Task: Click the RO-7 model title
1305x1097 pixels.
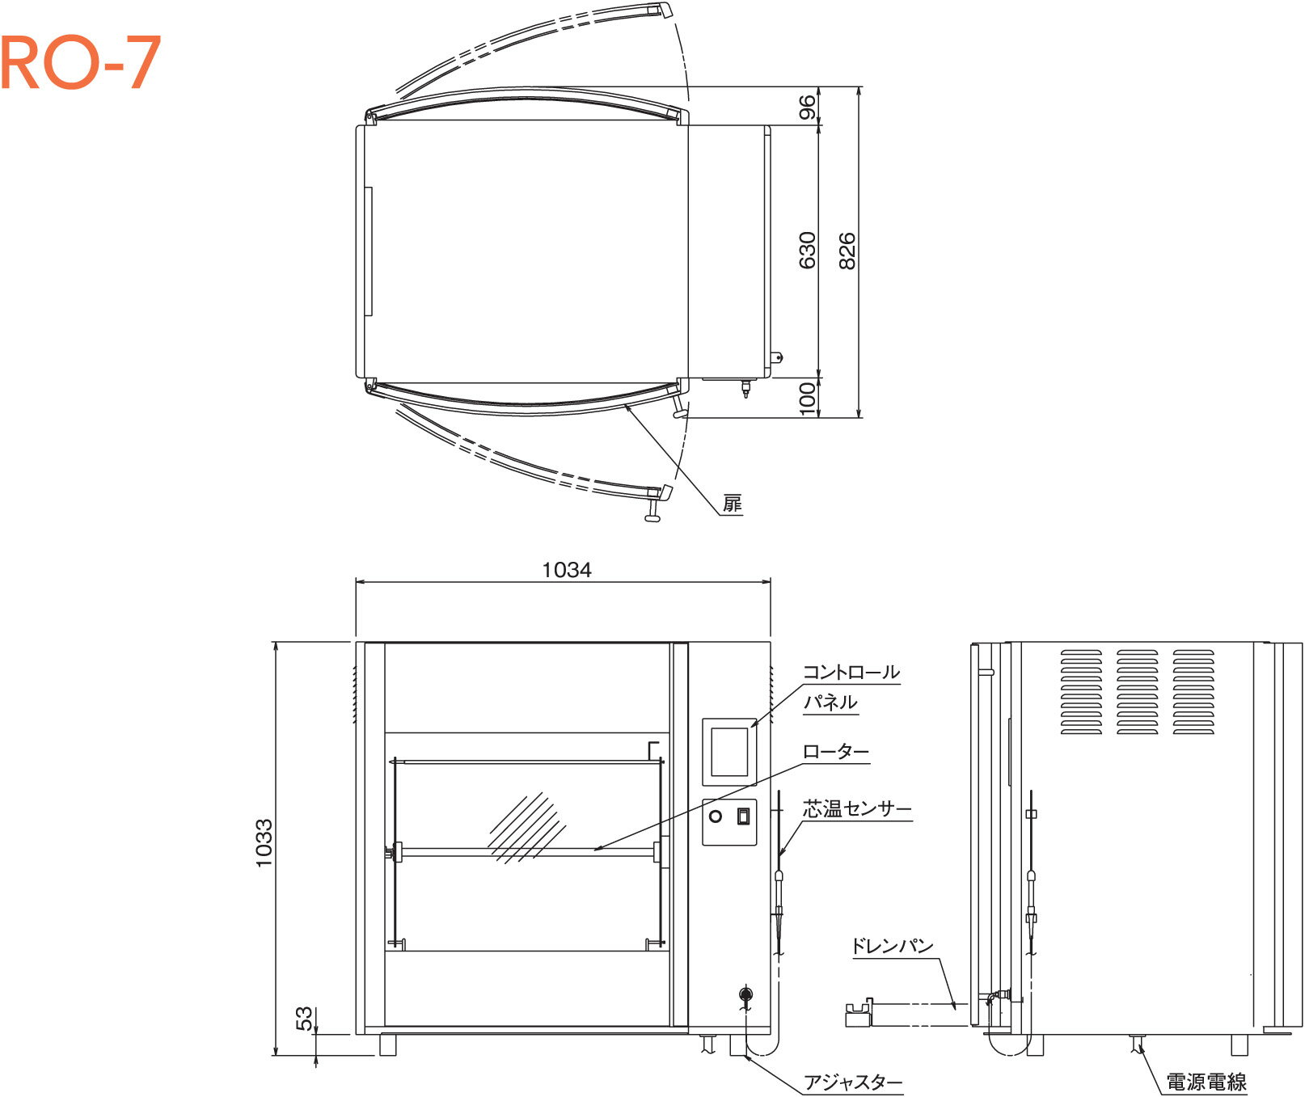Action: click(x=81, y=63)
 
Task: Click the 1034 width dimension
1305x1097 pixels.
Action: click(x=566, y=570)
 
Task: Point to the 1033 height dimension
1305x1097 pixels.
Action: click(x=264, y=843)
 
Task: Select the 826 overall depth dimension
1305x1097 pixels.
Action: click(x=846, y=251)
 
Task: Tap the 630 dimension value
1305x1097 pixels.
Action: click(x=807, y=251)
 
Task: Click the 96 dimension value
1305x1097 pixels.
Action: click(x=807, y=107)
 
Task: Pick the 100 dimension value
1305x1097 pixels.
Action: click(x=807, y=399)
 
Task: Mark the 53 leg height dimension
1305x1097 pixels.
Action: click(x=303, y=1018)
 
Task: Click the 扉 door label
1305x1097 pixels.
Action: click(x=732, y=504)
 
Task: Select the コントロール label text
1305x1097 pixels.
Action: click(x=851, y=672)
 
